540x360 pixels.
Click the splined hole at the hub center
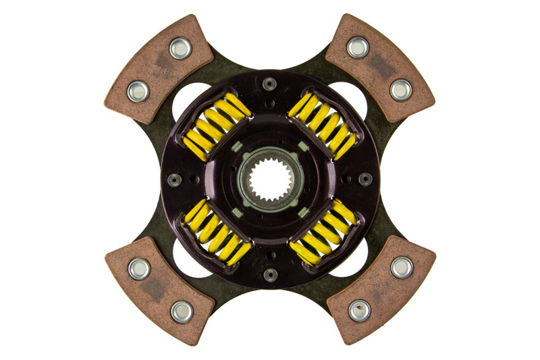(x=270, y=179)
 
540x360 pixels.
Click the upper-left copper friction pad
(x=159, y=68)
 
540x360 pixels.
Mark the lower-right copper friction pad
(x=381, y=290)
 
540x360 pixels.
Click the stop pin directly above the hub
(x=270, y=84)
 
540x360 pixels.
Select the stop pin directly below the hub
(x=270, y=274)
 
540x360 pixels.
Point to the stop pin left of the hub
(x=175, y=179)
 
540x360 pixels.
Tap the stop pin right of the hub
(x=365, y=179)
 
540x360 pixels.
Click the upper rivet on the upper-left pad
(x=180, y=47)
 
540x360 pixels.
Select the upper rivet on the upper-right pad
(x=358, y=47)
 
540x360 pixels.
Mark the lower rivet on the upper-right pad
(x=401, y=89)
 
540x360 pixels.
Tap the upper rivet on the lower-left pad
(x=139, y=269)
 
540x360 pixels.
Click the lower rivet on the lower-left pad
(x=181, y=311)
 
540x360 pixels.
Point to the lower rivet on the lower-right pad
(x=359, y=311)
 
